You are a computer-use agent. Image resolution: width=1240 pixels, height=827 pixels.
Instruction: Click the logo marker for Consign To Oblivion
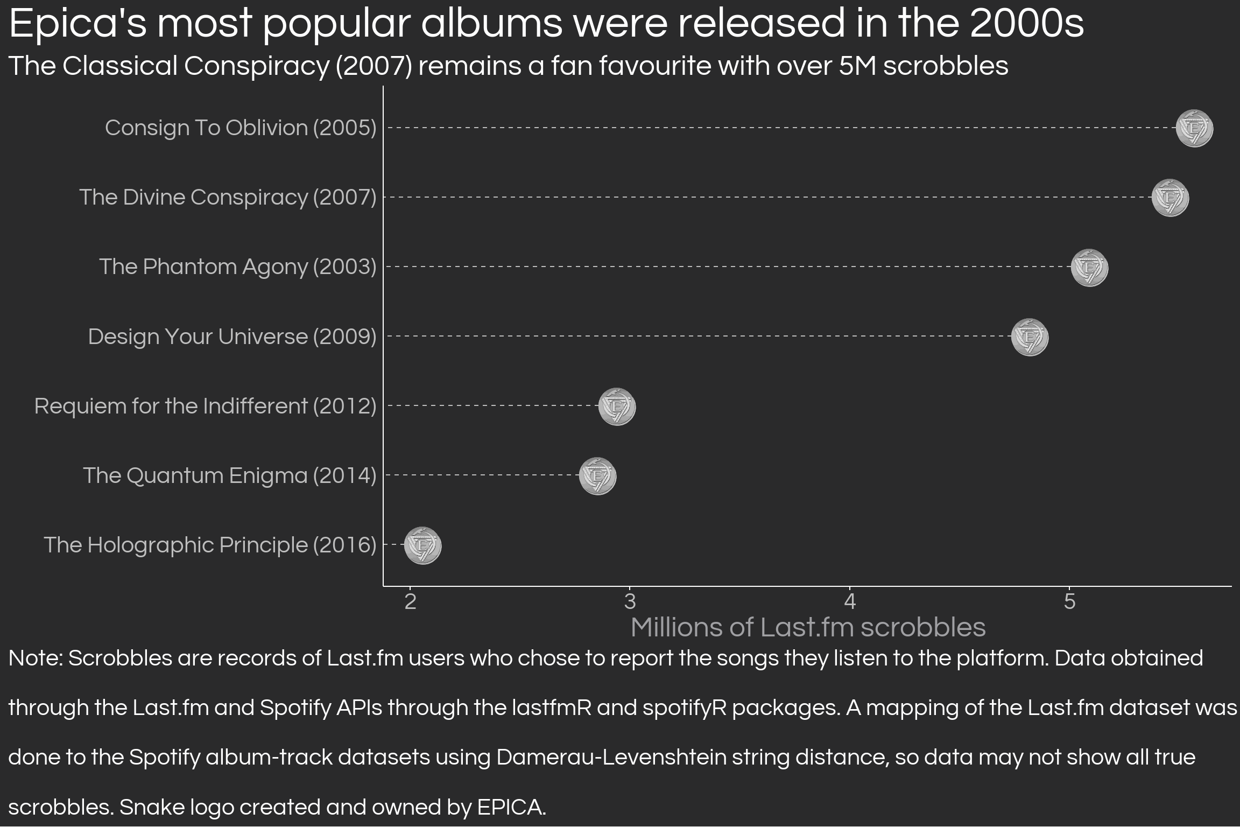tap(1194, 128)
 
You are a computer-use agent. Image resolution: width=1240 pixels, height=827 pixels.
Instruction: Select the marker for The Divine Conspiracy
tap(1170, 198)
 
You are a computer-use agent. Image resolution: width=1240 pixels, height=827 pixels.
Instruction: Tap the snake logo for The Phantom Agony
tap(1089, 268)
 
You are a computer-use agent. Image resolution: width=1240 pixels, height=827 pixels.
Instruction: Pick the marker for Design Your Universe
tap(1030, 337)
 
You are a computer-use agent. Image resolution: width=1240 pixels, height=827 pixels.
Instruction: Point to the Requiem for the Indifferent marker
tap(617, 407)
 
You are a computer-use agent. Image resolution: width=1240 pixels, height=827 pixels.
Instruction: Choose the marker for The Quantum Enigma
tap(597, 476)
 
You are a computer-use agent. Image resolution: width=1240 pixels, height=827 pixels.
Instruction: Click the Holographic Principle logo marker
tap(422, 545)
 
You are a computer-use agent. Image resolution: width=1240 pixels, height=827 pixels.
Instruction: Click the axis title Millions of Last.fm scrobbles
tap(808, 628)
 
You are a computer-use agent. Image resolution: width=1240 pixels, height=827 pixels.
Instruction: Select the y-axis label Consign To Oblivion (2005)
tap(241, 128)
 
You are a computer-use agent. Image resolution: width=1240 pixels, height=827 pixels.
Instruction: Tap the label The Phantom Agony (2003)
tap(237, 267)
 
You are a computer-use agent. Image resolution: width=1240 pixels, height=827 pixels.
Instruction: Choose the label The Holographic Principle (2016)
tap(210, 545)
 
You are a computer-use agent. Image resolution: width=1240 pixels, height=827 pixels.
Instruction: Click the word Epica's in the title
tap(77, 24)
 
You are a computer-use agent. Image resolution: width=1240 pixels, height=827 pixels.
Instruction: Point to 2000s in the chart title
tap(1026, 24)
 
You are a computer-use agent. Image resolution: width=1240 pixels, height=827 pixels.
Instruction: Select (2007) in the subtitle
tap(373, 66)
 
